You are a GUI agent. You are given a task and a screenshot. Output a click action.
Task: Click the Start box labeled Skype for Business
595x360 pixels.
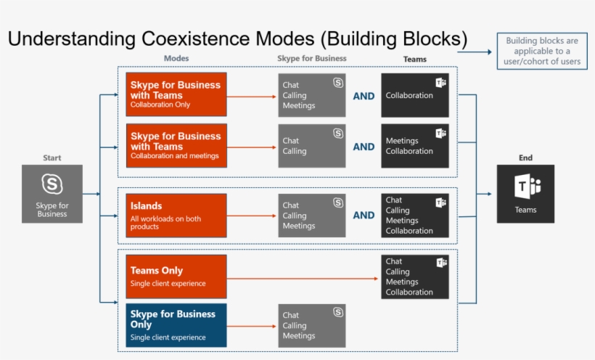(x=52, y=194)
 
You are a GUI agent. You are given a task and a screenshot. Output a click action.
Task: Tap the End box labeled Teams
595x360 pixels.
(x=525, y=194)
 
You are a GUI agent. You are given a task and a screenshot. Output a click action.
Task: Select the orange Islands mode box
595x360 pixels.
(x=176, y=215)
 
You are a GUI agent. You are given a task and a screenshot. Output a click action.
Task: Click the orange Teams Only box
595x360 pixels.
(x=176, y=277)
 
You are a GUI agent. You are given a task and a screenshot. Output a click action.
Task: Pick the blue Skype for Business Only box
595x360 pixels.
(x=176, y=325)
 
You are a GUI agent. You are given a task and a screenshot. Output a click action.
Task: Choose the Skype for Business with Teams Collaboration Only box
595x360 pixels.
(x=176, y=94)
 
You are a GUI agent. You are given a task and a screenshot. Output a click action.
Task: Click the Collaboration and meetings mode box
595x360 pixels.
(x=176, y=145)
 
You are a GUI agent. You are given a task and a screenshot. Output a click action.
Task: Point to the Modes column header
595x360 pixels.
(x=176, y=58)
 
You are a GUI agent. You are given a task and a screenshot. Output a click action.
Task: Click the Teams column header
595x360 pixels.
(x=414, y=59)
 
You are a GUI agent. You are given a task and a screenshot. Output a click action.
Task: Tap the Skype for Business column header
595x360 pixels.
(x=311, y=58)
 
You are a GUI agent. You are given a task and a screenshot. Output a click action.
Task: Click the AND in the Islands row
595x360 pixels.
(x=364, y=216)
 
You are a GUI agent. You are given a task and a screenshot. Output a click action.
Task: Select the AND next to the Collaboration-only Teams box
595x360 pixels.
(x=364, y=96)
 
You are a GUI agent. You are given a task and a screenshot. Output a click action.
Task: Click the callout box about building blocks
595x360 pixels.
(x=543, y=51)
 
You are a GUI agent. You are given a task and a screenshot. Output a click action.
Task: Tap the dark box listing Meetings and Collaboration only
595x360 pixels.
(x=415, y=146)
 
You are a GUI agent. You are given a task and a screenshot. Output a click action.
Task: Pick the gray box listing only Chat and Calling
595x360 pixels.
(x=312, y=146)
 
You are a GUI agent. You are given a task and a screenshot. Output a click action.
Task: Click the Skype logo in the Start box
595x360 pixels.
(x=52, y=184)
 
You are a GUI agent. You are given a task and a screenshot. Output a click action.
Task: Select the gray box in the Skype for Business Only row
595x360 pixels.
(x=312, y=325)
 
